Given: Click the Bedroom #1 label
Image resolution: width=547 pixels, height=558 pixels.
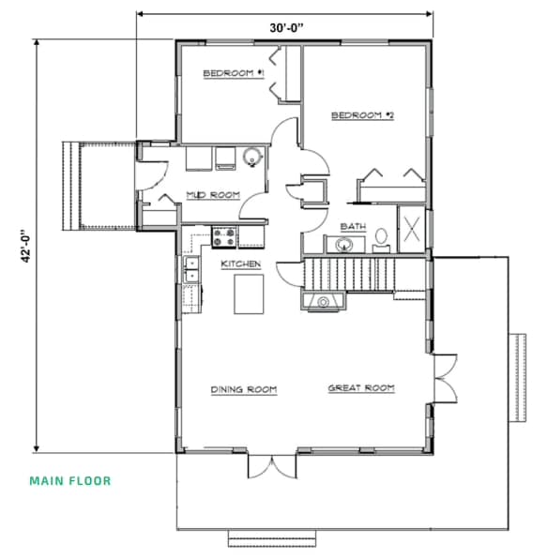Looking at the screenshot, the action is pyautogui.click(x=234, y=73).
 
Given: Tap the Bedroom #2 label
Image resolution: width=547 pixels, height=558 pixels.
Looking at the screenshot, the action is pyautogui.click(x=362, y=115).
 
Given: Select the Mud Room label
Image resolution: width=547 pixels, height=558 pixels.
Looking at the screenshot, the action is pyautogui.click(x=213, y=195).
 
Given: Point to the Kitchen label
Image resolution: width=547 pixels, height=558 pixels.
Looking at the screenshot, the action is pyautogui.click(x=241, y=264).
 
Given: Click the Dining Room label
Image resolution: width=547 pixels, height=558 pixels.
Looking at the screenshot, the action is pyautogui.click(x=244, y=389).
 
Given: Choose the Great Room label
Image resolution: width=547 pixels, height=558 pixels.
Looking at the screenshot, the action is pyautogui.click(x=361, y=388).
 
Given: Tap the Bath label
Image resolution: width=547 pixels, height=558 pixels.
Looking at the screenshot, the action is pyautogui.click(x=353, y=226).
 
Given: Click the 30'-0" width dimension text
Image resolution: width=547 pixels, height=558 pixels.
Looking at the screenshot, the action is pyautogui.click(x=286, y=28).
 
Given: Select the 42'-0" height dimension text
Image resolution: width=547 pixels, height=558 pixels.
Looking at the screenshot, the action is pyautogui.click(x=26, y=246).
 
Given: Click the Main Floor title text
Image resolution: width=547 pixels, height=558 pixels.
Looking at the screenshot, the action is pyautogui.click(x=70, y=481).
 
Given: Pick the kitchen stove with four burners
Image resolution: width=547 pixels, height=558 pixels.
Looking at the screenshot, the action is pyautogui.click(x=224, y=237).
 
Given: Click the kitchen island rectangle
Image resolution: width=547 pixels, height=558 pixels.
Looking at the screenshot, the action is pyautogui.click(x=249, y=294).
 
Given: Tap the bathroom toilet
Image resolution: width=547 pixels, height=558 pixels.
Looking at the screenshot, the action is pyautogui.click(x=381, y=239).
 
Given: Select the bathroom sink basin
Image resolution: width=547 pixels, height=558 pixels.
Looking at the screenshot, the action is pyautogui.click(x=343, y=245).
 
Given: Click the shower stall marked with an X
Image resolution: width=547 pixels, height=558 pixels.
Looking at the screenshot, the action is pyautogui.click(x=412, y=229).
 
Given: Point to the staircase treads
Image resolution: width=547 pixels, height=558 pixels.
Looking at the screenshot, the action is pyautogui.click(x=349, y=275).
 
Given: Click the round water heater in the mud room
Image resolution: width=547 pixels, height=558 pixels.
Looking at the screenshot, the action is pyautogui.click(x=252, y=157).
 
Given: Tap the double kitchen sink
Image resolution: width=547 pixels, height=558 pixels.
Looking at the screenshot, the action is pyautogui.click(x=191, y=269).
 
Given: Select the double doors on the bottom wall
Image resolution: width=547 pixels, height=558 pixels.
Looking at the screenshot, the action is pyautogui.click(x=272, y=466).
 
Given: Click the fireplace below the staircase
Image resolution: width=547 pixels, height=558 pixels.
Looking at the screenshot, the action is pyautogui.click(x=324, y=301).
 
